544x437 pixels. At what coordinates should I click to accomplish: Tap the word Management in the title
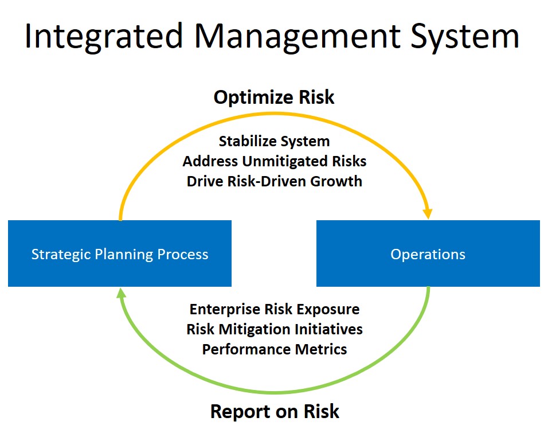pyautogui.click(x=298, y=36)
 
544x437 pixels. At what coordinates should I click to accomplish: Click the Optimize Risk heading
pyautogui.click(x=274, y=97)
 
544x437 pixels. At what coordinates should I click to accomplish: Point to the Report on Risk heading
pyautogui.click(x=275, y=412)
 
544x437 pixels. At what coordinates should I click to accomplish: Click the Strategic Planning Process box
pyautogui.click(x=120, y=253)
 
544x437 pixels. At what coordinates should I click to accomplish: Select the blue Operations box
pyautogui.click(x=428, y=253)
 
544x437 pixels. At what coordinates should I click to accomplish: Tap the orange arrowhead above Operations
pyautogui.click(x=428, y=213)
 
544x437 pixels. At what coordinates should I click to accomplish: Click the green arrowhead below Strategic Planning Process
pyautogui.click(x=121, y=293)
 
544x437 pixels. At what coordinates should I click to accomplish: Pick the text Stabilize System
pyautogui.click(x=274, y=141)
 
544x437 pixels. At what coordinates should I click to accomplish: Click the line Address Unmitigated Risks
pyautogui.click(x=275, y=161)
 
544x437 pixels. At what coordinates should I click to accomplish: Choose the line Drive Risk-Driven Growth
pyautogui.click(x=275, y=181)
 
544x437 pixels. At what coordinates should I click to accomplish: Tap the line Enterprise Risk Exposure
pyautogui.click(x=275, y=309)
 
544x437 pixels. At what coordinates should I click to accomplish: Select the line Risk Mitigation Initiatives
pyautogui.click(x=275, y=329)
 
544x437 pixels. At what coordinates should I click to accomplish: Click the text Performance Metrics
pyautogui.click(x=275, y=349)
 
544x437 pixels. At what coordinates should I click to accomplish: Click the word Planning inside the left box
pyautogui.click(x=124, y=255)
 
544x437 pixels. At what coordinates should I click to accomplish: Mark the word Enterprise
pyautogui.click(x=225, y=310)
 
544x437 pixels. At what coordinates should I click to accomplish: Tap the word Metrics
pyautogui.click(x=321, y=349)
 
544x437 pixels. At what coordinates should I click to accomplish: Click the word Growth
pyautogui.click(x=336, y=181)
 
